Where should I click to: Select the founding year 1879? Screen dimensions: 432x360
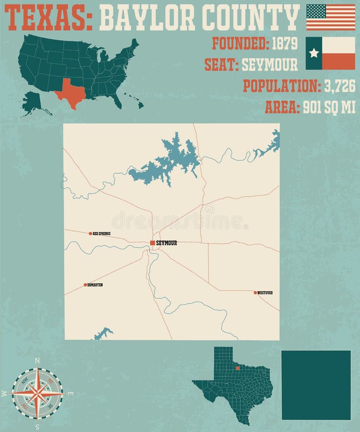(x=285, y=44)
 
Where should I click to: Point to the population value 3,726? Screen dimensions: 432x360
(x=339, y=86)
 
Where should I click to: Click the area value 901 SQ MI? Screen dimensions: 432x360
(x=329, y=108)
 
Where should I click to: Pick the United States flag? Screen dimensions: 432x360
(x=331, y=17)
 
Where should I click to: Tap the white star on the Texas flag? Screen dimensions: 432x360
(x=314, y=53)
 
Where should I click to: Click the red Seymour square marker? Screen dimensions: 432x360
(x=153, y=243)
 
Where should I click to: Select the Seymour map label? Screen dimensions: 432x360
(x=167, y=243)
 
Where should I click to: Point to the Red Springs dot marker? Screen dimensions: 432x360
(x=90, y=234)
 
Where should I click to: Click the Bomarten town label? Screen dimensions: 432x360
(x=96, y=285)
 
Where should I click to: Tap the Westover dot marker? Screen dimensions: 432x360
(x=255, y=292)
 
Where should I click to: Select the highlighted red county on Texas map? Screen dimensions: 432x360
(x=238, y=368)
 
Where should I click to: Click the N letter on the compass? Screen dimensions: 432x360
(x=37, y=360)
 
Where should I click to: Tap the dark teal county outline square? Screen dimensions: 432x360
(x=316, y=385)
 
